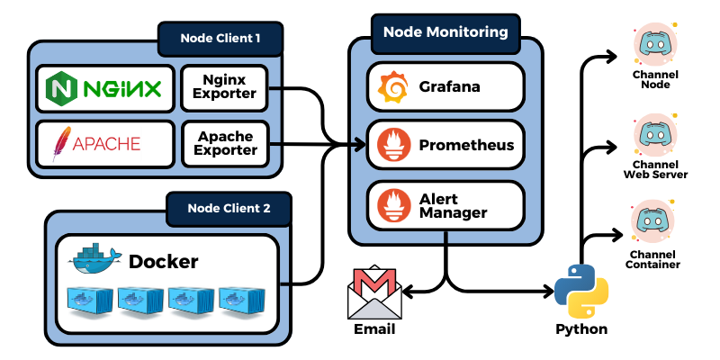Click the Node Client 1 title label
click(220, 38)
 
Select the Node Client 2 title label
click(229, 208)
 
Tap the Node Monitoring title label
click(445, 31)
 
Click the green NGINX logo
click(104, 88)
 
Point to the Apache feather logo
click(61, 143)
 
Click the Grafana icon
click(393, 87)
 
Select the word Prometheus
click(466, 145)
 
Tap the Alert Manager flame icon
click(393, 204)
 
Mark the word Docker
click(163, 262)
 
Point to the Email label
click(374, 328)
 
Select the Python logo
click(580, 290)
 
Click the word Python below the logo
click(580, 328)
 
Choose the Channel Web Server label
click(655, 169)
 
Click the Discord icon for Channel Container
click(655, 220)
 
